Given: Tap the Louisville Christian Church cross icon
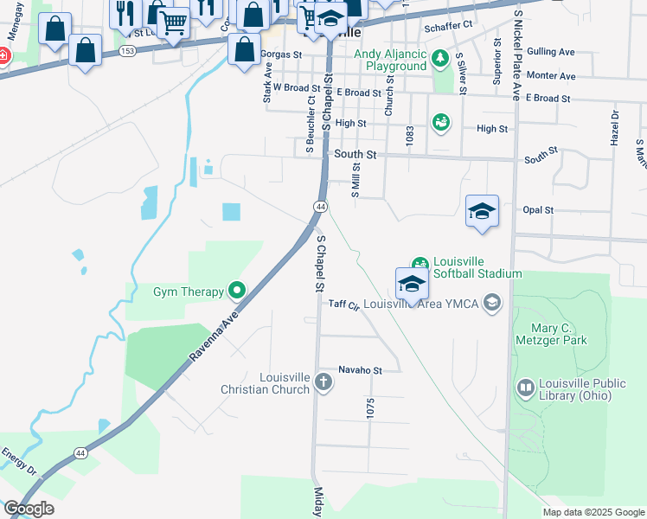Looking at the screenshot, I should point(323,382).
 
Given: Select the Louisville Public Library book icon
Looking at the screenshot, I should point(525,387).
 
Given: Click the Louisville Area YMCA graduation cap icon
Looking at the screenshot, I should point(492,303).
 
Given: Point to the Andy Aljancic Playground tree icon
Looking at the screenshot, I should point(440,59).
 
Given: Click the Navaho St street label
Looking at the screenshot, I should point(360,369).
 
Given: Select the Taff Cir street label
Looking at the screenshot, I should point(343,304).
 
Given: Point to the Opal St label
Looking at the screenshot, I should point(538,209).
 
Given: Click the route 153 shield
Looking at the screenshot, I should point(127,51).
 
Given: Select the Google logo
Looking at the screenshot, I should point(29,509).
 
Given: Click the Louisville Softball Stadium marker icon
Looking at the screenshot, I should point(420,265).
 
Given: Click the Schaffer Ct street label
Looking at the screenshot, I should point(449,25).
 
